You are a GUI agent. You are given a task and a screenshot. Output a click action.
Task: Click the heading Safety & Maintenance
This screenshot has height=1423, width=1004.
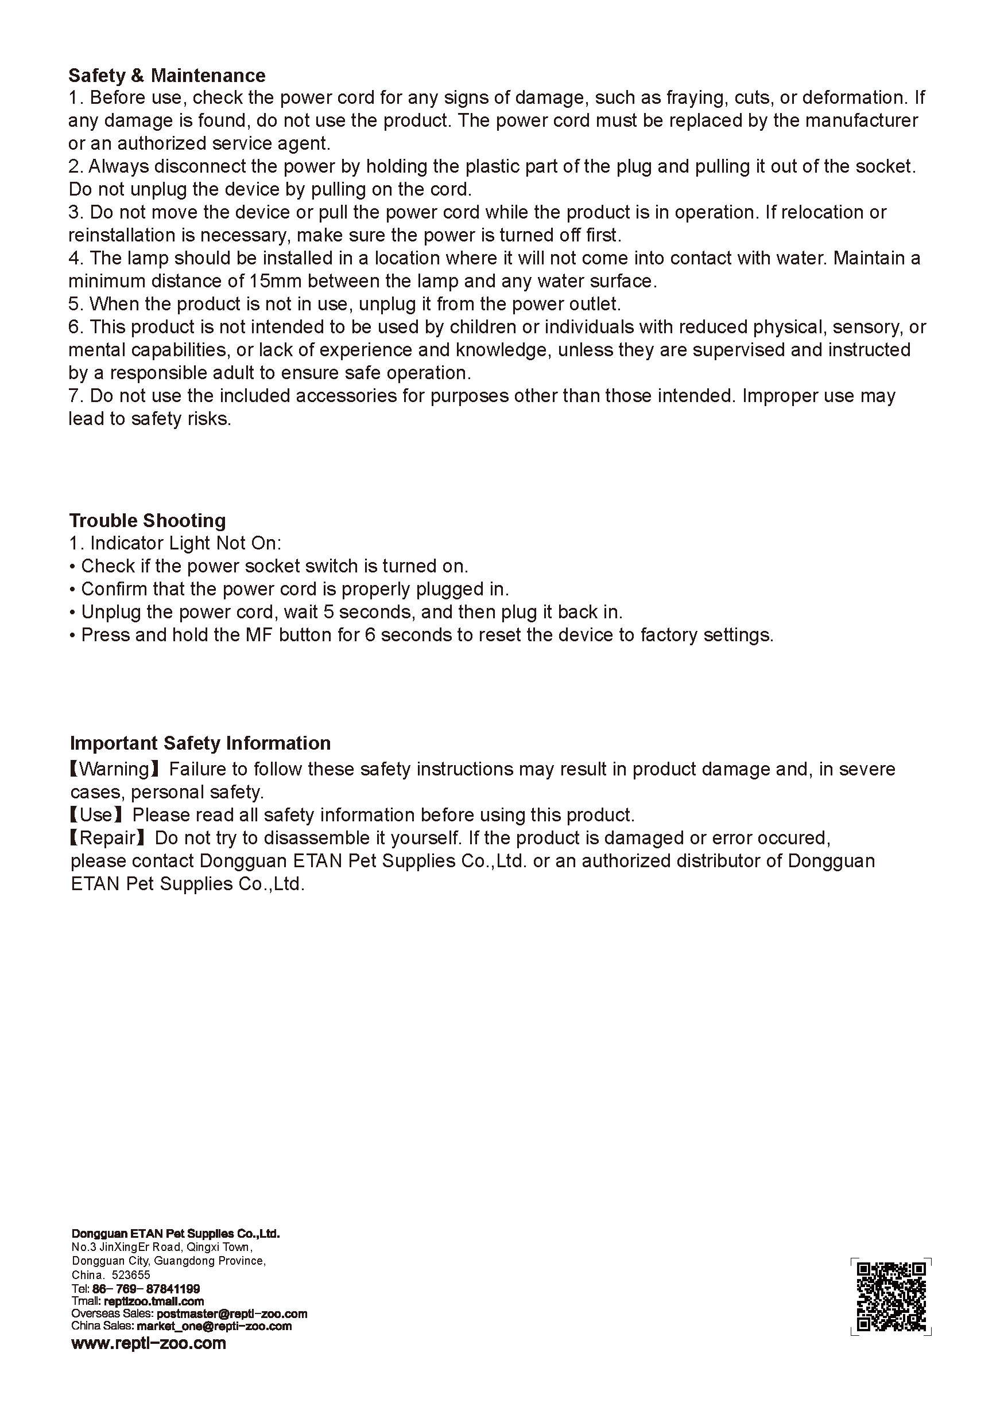click(x=167, y=76)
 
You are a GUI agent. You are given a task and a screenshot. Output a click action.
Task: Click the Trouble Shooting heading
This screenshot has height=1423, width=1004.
click(x=147, y=520)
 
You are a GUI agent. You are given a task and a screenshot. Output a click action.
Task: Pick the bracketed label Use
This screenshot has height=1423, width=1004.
click(x=97, y=815)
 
